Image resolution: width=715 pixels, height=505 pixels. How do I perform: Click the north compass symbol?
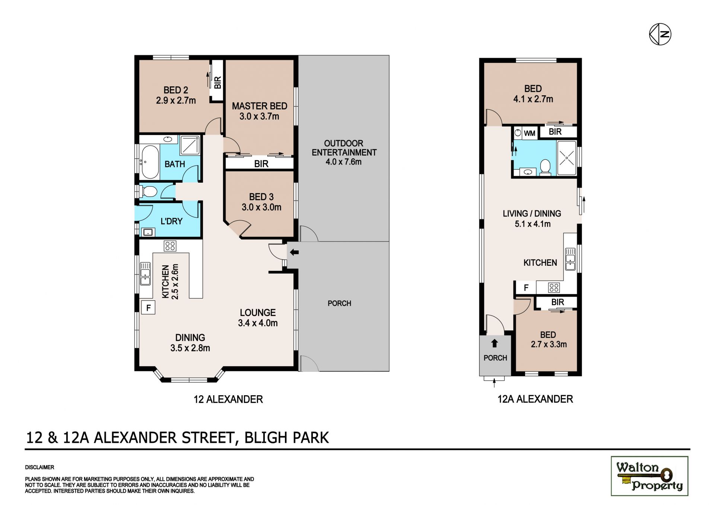(x=660, y=34)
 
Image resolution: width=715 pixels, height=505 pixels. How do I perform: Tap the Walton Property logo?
(x=649, y=476)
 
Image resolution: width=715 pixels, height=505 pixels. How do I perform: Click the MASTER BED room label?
(x=260, y=106)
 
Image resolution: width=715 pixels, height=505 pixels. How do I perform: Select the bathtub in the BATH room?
(x=150, y=162)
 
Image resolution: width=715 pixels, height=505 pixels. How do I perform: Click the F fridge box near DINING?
(x=148, y=307)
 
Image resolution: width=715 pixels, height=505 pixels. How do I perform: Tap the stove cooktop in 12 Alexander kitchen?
(x=170, y=246)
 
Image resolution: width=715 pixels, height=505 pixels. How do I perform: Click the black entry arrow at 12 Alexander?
(x=294, y=253)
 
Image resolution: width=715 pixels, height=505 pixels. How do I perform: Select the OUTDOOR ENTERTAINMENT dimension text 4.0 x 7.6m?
(x=344, y=162)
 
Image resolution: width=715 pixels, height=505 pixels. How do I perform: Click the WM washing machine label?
(x=530, y=133)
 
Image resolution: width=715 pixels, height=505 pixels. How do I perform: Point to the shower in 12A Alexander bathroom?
(x=566, y=158)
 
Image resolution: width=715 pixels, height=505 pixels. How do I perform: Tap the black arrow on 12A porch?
(x=495, y=343)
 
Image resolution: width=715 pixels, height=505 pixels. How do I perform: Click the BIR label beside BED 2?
(x=217, y=82)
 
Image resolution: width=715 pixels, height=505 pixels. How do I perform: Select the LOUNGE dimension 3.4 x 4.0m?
(x=258, y=323)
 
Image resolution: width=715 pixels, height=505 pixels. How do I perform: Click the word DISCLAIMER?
(x=39, y=467)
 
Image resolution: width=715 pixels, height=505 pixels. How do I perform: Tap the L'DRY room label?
(x=171, y=221)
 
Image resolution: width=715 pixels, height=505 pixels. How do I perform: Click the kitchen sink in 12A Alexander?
(x=570, y=259)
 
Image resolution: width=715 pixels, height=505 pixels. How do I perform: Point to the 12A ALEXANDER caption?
(x=535, y=399)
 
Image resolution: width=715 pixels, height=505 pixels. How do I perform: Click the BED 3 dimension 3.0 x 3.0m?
(x=261, y=207)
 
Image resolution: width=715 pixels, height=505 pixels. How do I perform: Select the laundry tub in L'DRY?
(x=148, y=232)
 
